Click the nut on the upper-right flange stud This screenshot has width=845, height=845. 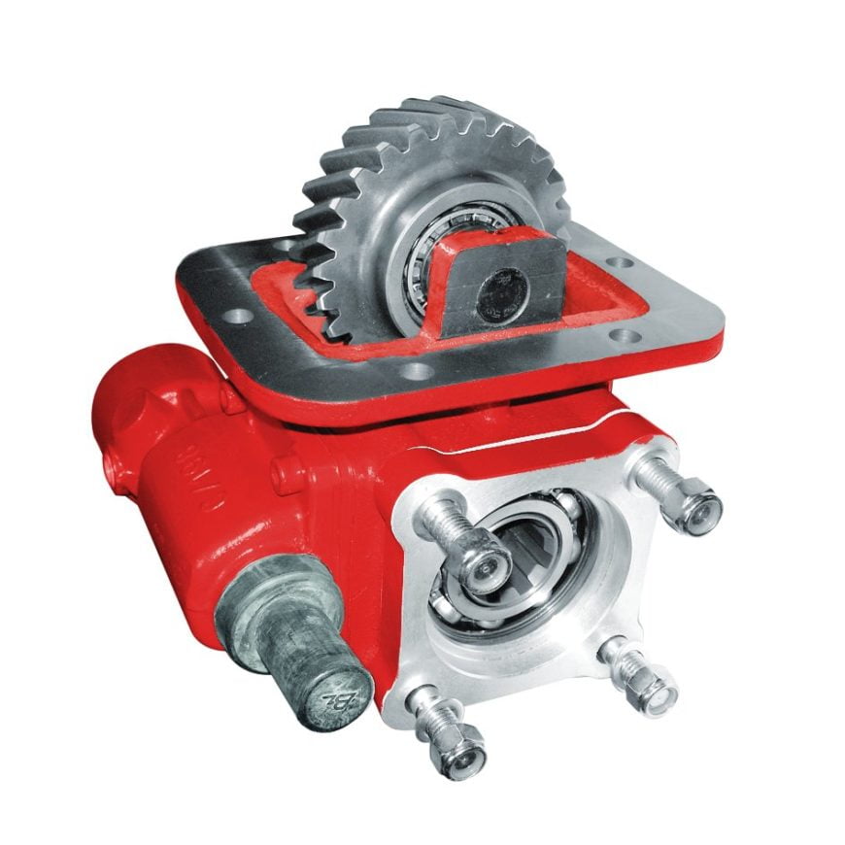[699, 507]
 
